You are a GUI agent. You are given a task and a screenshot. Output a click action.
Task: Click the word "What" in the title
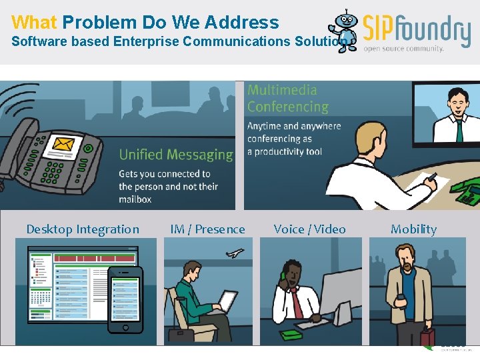point(34,22)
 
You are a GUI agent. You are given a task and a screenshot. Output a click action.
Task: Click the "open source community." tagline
point(403,49)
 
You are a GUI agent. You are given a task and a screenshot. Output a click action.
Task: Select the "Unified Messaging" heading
point(176,155)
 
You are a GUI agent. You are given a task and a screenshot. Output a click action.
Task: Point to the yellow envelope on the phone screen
point(63,144)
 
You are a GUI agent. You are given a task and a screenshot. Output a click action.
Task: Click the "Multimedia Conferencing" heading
point(288,98)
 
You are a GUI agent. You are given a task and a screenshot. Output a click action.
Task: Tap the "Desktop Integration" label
point(83,229)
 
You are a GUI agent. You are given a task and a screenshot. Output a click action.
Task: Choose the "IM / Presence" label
point(207,229)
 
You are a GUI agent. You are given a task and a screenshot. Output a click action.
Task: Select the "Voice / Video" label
point(309,229)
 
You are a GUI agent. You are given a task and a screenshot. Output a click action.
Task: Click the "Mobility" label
point(413,229)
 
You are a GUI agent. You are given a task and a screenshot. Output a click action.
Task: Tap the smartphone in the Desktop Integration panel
point(125,300)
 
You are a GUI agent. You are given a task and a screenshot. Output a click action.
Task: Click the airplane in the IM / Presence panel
point(235,253)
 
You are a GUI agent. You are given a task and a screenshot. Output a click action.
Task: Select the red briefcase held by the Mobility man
point(427,336)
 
